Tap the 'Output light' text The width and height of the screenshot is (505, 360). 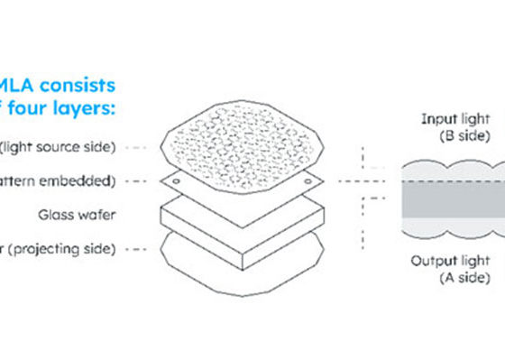coord(450,263)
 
